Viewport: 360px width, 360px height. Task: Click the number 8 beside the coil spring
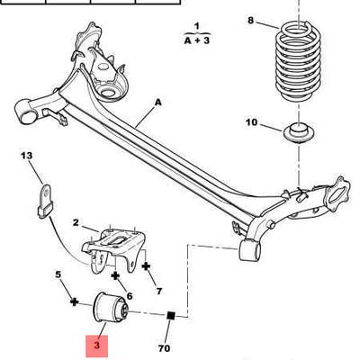click(251, 21)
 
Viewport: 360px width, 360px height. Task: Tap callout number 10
click(252, 122)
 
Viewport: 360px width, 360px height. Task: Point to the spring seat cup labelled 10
click(300, 132)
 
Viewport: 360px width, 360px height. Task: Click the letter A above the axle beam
click(158, 103)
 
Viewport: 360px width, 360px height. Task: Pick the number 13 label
click(27, 156)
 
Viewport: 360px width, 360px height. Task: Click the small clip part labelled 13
click(46, 201)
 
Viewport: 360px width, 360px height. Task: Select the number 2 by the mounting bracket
click(76, 222)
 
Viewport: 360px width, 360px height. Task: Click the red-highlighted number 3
click(96, 345)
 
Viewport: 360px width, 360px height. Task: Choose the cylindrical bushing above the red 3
click(111, 309)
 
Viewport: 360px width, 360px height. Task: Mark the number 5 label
click(58, 274)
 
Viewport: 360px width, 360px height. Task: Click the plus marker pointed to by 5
click(74, 301)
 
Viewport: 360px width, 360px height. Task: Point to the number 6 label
click(130, 296)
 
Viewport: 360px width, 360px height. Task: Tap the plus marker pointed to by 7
click(146, 265)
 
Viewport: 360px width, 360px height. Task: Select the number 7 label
click(159, 291)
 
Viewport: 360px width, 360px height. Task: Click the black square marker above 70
click(171, 316)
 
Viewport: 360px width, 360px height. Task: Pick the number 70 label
click(164, 348)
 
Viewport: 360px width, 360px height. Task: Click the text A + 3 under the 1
click(196, 40)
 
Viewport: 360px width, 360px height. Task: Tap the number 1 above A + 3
click(197, 26)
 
